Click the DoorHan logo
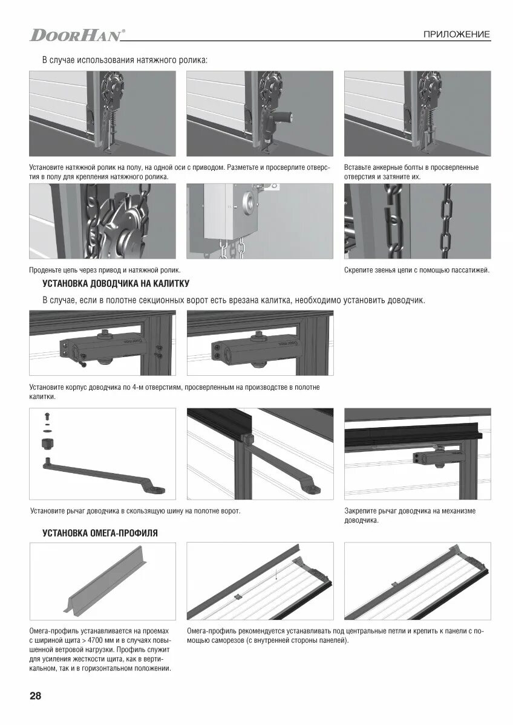pyautogui.click(x=77, y=35)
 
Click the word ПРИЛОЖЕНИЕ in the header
pyautogui.click(x=457, y=34)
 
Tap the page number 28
pyautogui.click(x=35, y=695)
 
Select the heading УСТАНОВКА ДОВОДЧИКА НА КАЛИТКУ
pyautogui.click(x=116, y=283)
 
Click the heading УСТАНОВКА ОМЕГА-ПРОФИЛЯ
pyautogui.click(x=100, y=533)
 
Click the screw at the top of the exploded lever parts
pyautogui.click(x=47, y=416)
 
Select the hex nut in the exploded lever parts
pyautogui.click(x=48, y=443)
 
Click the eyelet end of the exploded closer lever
pyautogui.click(x=157, y=489)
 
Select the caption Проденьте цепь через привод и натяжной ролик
pyautogui.click(x=105, y=270)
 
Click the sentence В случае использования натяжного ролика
pyautogui.click(x=125, y=60)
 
